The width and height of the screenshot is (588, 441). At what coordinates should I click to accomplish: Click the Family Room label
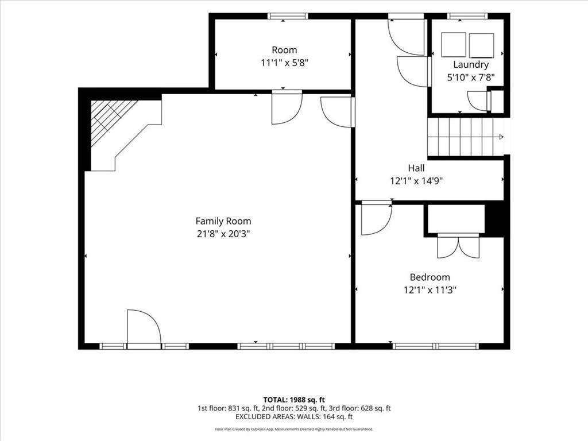(223, 221)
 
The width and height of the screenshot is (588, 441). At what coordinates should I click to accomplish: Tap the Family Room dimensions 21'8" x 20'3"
(223, 234)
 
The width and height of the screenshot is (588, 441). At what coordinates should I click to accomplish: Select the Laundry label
(471, 65)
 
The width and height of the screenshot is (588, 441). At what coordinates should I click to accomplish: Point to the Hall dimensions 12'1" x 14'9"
(416, 181)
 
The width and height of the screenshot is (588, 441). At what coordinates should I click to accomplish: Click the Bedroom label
(430, 277)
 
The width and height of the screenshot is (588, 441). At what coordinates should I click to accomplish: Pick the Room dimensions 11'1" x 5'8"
(284, 63)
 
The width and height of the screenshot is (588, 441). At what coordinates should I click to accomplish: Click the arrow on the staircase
(500, 137)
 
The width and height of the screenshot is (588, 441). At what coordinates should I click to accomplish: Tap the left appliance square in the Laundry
(454, 45)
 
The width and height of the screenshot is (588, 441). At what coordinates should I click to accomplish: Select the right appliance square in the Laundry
(482, 45)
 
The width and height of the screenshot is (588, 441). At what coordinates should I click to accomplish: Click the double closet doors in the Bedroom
(458, 246)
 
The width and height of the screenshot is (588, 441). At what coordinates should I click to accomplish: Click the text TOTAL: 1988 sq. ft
(294, 400)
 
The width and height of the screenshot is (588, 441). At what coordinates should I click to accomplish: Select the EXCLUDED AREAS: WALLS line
(294, 417)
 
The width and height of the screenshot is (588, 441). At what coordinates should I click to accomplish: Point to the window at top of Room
(288, 16)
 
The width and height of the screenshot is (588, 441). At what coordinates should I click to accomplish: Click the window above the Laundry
(467, 16)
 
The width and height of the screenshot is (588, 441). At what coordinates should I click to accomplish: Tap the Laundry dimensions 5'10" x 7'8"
(471, 78)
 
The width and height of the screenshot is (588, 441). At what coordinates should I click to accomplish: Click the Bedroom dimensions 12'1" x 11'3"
(430, 290)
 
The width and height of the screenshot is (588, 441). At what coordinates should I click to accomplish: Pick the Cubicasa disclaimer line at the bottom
(294, 429)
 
